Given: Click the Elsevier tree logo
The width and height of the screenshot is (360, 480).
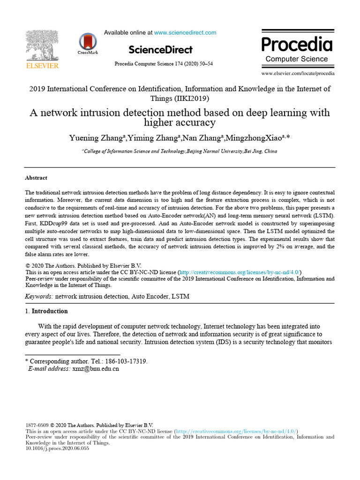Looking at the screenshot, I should [x=42, y=45].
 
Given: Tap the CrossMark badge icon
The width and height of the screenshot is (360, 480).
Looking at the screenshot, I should [x=88, y=42].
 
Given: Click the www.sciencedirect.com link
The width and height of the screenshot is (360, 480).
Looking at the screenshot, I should [x=185, y=33].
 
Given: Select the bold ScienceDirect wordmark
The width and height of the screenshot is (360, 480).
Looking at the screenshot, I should [x=160, y=50].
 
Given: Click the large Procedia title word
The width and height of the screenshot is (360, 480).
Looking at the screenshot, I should [x=297, y=45].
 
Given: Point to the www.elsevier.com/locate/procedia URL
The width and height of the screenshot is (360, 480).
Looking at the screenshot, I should [x=298, y=74].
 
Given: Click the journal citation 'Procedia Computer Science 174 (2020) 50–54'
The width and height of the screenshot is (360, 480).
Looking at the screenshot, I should [x=164, y=64].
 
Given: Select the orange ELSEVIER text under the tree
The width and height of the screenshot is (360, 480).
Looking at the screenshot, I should [x=42, y=66].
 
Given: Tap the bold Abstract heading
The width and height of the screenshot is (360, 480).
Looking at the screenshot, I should [x=36, y=178].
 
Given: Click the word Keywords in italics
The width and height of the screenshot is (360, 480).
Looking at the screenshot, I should [x=38, y=297].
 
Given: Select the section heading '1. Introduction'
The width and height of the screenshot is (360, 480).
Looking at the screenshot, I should [x=46, y=311].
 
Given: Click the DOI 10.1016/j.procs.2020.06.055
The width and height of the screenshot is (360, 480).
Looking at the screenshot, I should [x=57, y=448].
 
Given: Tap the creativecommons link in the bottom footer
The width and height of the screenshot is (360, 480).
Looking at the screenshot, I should [x=237, y=431].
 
